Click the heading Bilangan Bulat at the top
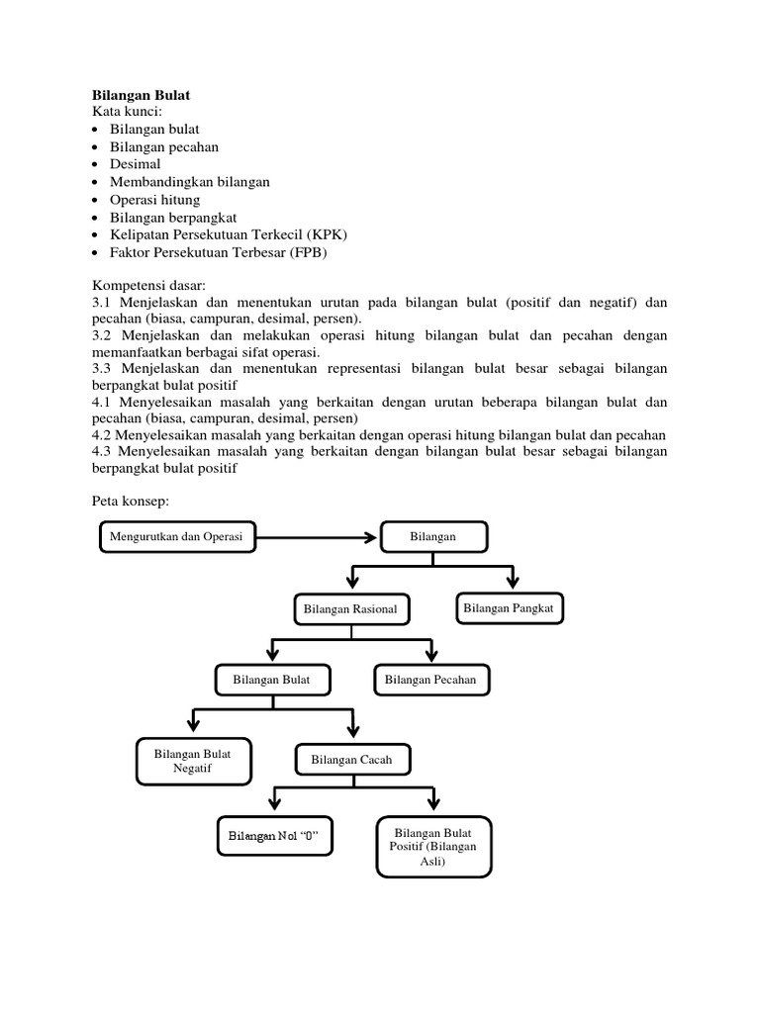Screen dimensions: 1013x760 coord(141,95)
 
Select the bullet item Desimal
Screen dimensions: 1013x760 coord(135,164)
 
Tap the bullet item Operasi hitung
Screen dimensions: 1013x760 coord(154,200)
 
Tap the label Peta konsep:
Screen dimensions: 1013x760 coord(131,502)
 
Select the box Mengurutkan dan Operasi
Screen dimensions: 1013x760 coord(176,537)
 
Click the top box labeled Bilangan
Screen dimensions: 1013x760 coord(432,537)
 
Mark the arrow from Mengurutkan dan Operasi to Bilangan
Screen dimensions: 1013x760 coord(317,537)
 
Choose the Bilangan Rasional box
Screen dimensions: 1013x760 coord(350,609)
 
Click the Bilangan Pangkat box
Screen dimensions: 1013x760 coord(509,607)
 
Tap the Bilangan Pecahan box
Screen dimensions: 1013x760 coord(430,680)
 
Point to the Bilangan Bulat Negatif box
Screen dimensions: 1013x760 coord(193,760)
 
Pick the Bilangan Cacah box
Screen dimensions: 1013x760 coord(351,760)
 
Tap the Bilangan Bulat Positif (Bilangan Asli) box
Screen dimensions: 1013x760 coord(433,847)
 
